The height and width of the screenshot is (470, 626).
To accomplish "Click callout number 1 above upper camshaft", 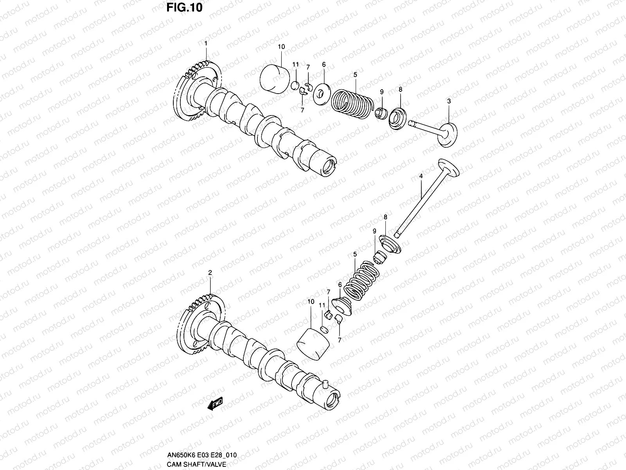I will click(x=206, y=43).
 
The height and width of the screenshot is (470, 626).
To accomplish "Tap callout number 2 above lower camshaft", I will click(x=210, y=272).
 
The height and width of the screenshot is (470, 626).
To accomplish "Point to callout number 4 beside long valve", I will click(x=421, y=177).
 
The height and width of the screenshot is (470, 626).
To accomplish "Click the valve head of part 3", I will click(x=448, y=135).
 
